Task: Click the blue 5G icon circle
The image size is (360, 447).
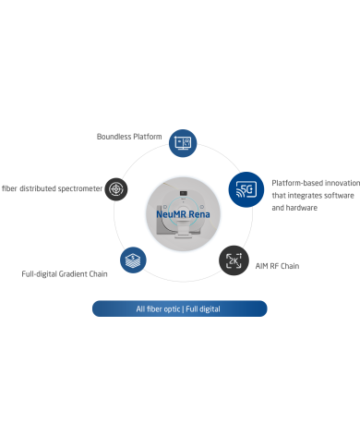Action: [x=246, y=189]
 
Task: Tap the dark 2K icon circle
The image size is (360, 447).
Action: [x=234, y=260]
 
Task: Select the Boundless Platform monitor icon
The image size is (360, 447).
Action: [x=183, y=143]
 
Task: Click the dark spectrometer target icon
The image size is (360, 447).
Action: [x=116, y=189]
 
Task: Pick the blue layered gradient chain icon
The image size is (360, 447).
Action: [x=133, y=260]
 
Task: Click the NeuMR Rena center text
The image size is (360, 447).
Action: [x=183, y=214]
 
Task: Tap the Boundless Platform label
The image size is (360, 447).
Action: [x=129, y=137]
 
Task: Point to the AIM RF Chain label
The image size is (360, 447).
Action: [x=277, y=266]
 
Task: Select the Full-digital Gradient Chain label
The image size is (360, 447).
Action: [x=65, y=274]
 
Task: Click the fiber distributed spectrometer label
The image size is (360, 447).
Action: [x=52, y=188]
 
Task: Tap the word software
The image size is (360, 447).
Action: [x=339, y=196]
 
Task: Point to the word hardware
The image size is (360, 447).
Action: [x=302, y=208]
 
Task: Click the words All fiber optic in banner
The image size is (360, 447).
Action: [x=158, y=309]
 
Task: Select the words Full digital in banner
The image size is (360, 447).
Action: [x=203, y=309]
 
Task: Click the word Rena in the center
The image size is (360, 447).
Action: [x=199, y=214]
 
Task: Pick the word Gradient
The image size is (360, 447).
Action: [x=73, y=274]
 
